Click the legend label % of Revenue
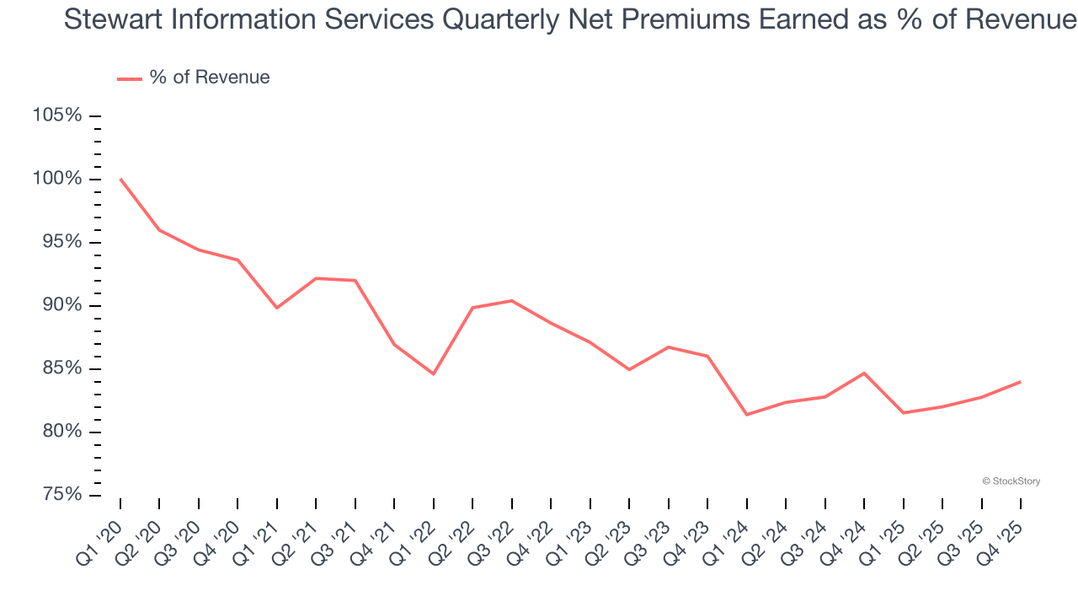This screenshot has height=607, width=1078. [210, 78]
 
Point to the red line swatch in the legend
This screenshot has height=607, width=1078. [129, 78]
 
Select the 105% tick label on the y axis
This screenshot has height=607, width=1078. [57, 115]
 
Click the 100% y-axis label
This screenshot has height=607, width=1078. [57, 179]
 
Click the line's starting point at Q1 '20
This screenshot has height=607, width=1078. [120, 179]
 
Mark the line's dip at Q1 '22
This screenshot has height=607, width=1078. [434, 373]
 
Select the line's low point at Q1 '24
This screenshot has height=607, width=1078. [747, 415]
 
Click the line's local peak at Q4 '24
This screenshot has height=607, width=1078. [864, 373]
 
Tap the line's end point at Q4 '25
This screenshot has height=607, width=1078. [1021, 382]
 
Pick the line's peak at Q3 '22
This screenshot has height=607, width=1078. [512, 300]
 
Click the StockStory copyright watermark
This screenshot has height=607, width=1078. [1011, 481]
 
